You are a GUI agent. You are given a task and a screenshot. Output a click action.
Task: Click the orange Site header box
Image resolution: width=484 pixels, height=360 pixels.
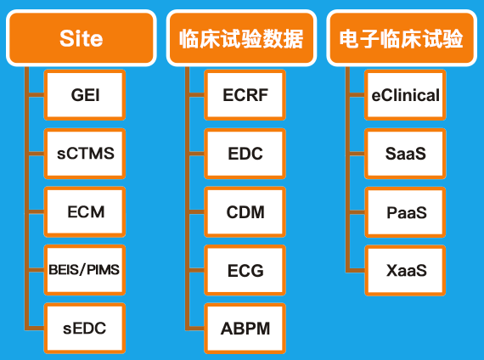[x=82, y=38]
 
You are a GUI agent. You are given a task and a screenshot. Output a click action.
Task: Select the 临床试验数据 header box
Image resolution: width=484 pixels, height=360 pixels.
[x=241, y=38]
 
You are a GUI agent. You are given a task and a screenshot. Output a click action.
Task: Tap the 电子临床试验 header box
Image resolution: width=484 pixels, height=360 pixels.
[x=402, y=38]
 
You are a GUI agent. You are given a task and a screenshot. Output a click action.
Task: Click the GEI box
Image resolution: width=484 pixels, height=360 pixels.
[x=85, y=95]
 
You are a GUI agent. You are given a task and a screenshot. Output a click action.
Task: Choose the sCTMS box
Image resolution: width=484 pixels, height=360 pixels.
[x=85, y=154]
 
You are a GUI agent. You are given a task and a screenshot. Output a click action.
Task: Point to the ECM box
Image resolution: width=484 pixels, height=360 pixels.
[x=85, y=211]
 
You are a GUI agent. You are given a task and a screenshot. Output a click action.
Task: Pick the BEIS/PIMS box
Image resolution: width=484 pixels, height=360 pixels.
[x=85, y=270]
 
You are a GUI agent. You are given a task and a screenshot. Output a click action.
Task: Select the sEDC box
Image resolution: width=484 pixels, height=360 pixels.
[x=85, y=329]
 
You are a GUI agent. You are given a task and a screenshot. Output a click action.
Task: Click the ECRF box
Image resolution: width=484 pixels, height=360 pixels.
[x=245, y=95]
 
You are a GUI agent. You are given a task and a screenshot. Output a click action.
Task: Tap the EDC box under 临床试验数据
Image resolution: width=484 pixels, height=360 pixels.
[x=245, y=154]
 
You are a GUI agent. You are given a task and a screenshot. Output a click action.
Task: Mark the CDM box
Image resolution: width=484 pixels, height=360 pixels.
[x=245, y=211]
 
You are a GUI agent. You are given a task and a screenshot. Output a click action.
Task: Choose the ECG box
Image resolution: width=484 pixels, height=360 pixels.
[x=245, y=270]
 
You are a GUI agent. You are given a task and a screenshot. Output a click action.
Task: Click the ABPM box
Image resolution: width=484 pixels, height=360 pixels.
[x=245, y=329]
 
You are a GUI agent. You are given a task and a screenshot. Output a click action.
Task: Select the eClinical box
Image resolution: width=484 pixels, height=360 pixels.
[x=405, y=95]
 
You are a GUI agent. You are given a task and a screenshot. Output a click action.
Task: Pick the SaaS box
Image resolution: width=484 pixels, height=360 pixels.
[x=405, y=154]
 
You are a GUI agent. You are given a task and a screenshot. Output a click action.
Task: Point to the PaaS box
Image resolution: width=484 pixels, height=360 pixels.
[x=405, y=212]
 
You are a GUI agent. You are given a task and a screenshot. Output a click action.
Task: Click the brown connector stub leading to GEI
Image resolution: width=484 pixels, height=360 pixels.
[x=37, y=95]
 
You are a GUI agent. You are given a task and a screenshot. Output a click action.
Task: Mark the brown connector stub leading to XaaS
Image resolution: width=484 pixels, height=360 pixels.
[x=357, y=271]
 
